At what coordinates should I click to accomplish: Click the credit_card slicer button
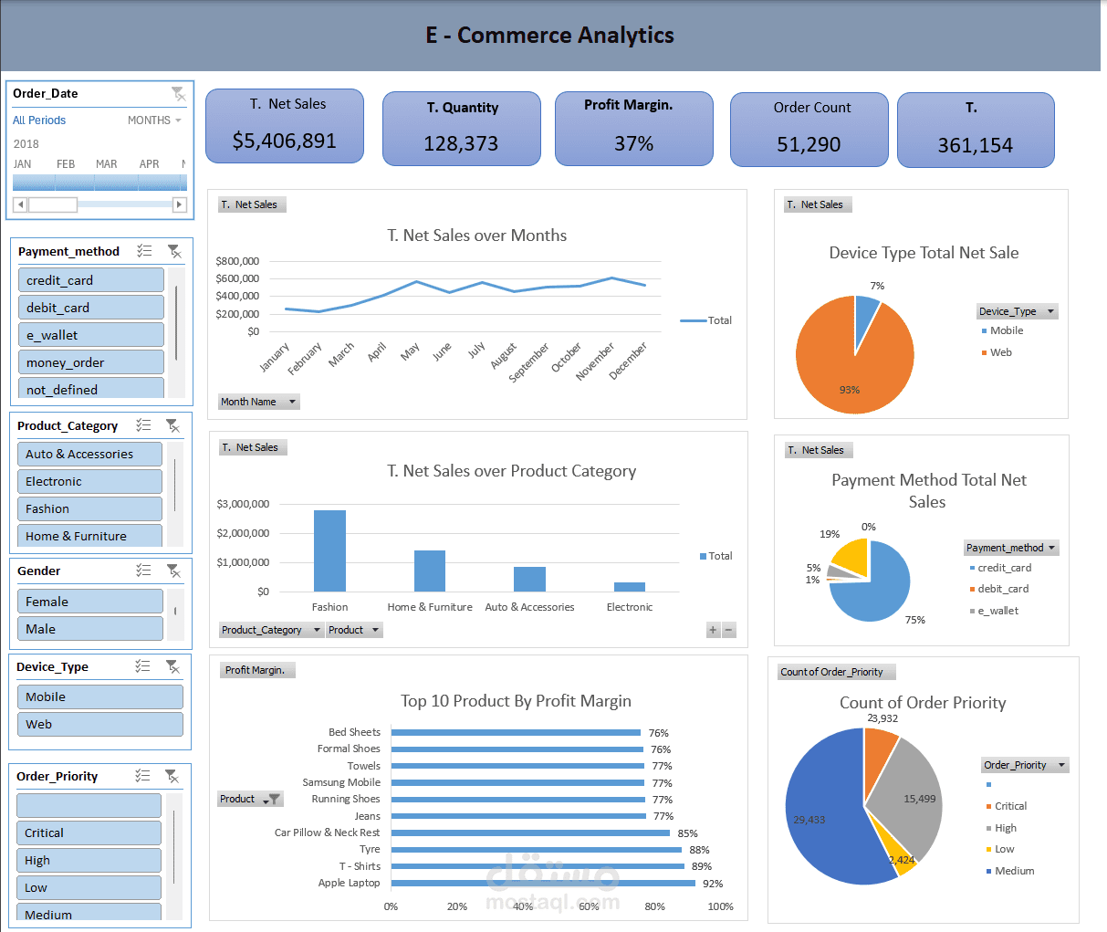click(x=90, y=280)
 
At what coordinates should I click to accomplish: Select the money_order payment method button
click(x=90, y=362)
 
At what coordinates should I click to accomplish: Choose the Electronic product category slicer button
click(x=89, y=481)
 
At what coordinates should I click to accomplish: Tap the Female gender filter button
click(x=89, y=602)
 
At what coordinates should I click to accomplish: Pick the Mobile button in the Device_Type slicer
click(x=99, y=696)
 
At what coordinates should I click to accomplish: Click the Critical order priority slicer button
click(x=89, y=833)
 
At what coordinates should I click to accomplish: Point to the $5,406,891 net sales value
click(x=284, y=141)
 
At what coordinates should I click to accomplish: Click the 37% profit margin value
click(x=633, y=143)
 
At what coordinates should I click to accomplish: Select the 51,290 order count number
click(x=809, y=144)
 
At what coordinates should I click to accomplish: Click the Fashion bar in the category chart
click(x=329, y=550)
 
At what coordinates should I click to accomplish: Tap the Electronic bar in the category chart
click(x=629, y=586)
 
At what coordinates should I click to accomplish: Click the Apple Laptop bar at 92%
click(x=543, y=883)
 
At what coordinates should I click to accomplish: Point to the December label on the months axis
click(x=629, y=361)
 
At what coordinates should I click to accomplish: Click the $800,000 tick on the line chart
click(x=237, y=261)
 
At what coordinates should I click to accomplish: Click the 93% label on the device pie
click(x=850, y=390)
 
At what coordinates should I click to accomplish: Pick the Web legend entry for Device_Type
click(x=1000, y=352)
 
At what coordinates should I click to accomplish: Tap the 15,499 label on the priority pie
click(x=919, y=799)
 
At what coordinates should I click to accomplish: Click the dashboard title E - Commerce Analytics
click(x=549, y=36)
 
